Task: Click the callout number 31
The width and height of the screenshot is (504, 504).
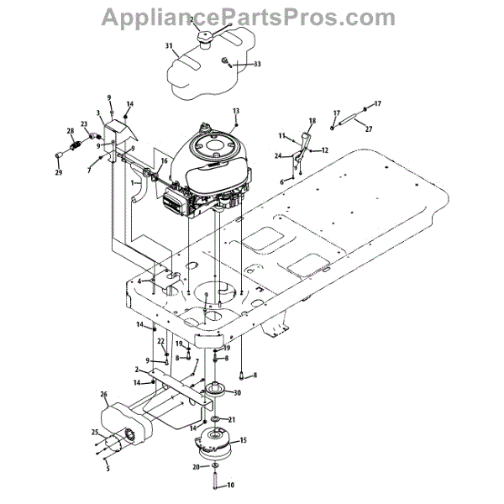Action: (169, 45)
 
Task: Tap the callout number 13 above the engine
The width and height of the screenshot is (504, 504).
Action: (236, 111)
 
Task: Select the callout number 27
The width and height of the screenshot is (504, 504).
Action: (369, 129)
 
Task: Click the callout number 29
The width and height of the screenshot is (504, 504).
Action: (60, 173)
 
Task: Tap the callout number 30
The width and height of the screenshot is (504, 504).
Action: (237, 393)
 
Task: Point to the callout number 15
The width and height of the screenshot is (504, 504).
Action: (244, 440)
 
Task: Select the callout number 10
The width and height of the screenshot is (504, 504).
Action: (232, 485)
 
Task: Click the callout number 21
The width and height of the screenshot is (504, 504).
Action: (233, 420)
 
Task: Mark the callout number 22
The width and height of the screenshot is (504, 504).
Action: (160, 341)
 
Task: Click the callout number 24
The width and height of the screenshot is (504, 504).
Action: (277, 155)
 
